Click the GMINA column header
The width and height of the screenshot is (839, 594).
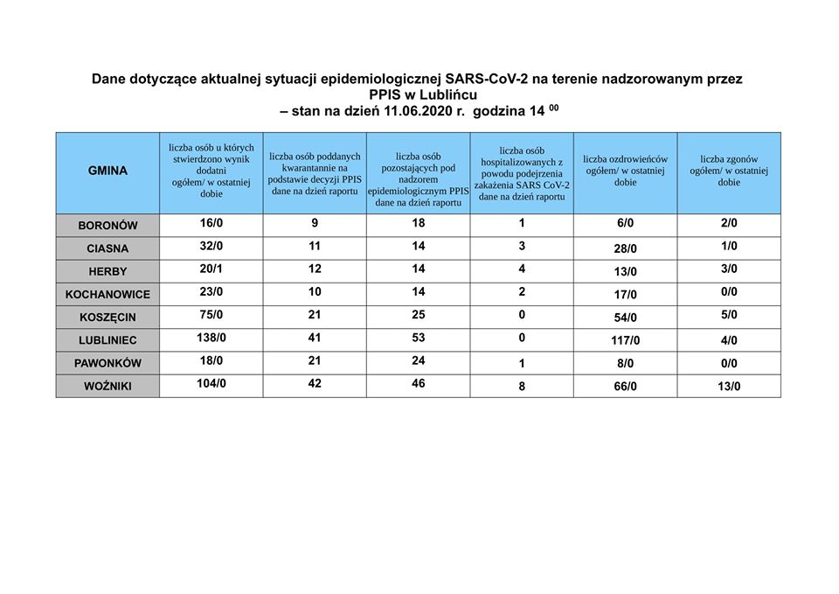[x=107, y=171]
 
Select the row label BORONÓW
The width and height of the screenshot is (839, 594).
[x=107, y=226]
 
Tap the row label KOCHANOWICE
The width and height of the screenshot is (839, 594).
[x=107, y=295]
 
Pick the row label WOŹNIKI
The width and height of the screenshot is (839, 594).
[x=107, y=386]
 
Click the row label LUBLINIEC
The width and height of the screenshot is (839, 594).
[x=107, y=340]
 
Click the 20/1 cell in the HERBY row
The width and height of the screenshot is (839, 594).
[x=211, y=269]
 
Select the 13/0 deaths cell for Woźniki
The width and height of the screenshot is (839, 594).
[x=729, y=387]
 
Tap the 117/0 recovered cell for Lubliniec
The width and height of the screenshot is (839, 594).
[x=625, y=341]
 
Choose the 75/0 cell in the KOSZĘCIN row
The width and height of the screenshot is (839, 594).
[x=211, y=314]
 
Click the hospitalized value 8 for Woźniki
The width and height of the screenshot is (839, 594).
[x=522, y=387]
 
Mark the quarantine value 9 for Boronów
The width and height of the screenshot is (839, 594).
[x=315, y=223]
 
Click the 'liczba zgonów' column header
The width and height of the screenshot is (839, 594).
[x=729, y=171]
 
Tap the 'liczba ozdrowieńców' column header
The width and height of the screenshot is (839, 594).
[x=625, y=171]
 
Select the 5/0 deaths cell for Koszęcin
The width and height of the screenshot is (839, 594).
[x=729, y=315]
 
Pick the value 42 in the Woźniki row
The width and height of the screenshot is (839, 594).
[x=315, y=382]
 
